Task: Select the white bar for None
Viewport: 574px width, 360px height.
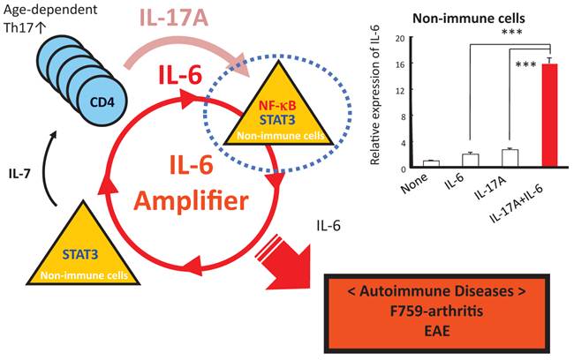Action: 432,164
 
